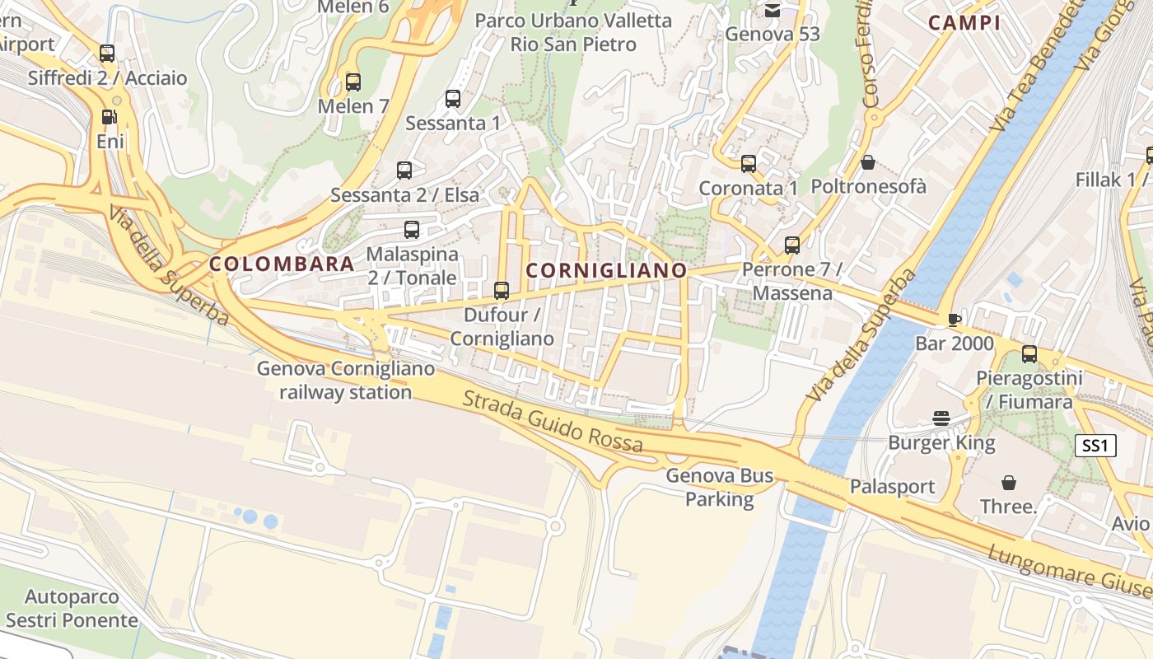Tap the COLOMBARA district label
[x=282, y=264]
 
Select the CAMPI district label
[x=964, y=23]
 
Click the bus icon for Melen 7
[x=353, y=82]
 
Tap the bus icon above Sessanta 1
[x=453, y=99]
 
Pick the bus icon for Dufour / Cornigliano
[x=501, y=291]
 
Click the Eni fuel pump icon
[x=109, y=117]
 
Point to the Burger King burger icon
[x=941, y=418]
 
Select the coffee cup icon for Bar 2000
[x=955, y=319]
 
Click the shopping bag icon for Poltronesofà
[x=867, y=162]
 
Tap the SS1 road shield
[x=1095, y=446]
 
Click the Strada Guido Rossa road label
[x=553, y=422]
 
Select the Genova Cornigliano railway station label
[x=346, y=380]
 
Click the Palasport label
[x=893, y=486]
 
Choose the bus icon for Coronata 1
[x=748, y=164]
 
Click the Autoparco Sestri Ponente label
[x=72, y=608]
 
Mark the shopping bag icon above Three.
[x=1008, y=482]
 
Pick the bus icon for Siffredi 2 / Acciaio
[x=107, y=54]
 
